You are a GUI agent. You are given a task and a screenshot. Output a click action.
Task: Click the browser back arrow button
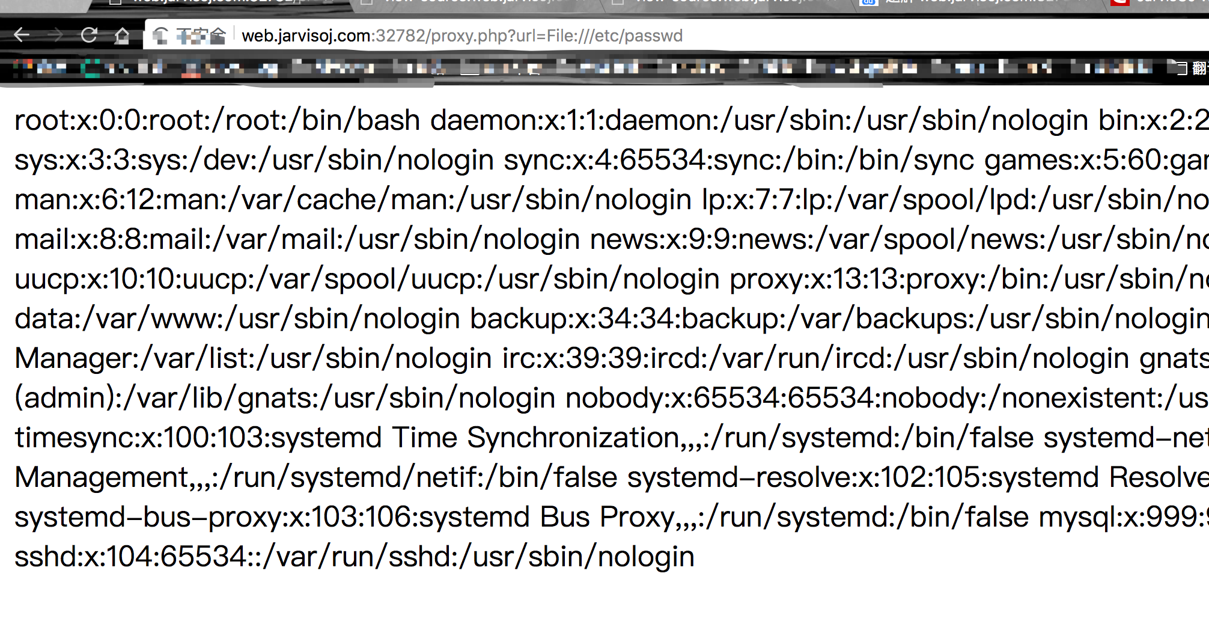[x=22, y=35]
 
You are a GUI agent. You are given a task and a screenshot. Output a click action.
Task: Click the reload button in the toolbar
[x=89, y=35]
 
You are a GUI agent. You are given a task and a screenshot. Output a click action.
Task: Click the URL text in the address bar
[x=461, y=36]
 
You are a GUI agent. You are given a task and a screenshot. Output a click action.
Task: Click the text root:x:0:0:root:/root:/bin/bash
[x=217, y=121]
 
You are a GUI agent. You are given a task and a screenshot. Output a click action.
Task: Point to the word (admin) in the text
[x=66, y=399]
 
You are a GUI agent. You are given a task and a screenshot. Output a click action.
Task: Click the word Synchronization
[x=573, y=438]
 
